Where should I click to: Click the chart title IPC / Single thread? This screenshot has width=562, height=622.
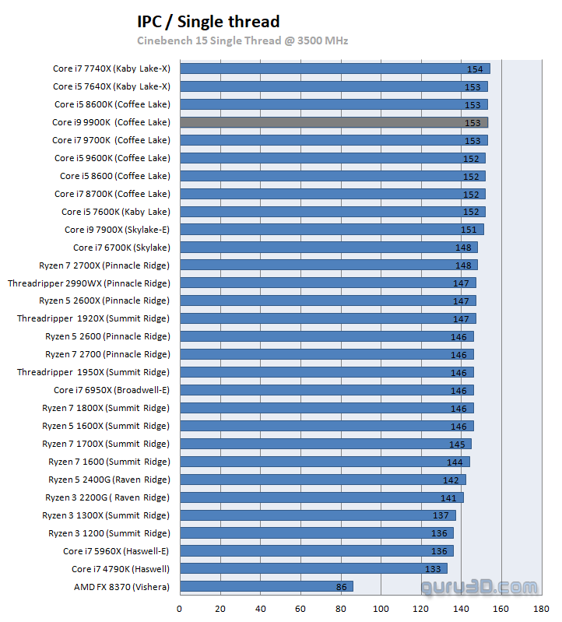pos(208,22)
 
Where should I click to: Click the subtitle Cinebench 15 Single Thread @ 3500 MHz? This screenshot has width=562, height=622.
pos(243,40)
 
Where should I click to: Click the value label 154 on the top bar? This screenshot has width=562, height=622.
pos(475,69)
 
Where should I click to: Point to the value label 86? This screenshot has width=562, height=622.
pos(341,587)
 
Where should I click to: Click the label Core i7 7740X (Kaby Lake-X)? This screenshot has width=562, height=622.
pos(111,69)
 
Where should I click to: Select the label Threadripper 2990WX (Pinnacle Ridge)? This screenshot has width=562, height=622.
pos(89,283)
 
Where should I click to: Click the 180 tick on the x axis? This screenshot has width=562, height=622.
pos(542,609)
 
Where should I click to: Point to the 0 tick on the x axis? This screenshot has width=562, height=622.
pos(180,609)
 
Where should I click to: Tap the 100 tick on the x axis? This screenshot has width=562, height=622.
pos(381,609)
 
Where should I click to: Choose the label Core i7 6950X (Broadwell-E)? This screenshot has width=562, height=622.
pos(111,390)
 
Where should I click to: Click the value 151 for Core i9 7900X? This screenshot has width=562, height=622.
pos(469,230)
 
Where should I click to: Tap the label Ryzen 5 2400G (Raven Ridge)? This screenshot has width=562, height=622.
pos(109,480)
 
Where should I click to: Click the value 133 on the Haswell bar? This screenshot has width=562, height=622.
pos(433,569)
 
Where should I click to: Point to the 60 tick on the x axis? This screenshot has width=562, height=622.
pos(300,609)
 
